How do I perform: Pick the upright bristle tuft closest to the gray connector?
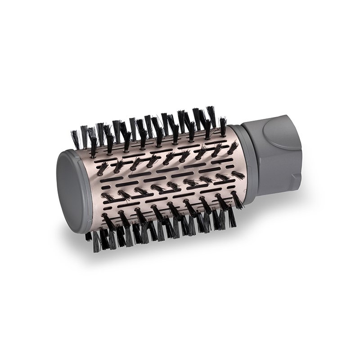(x=223, y=126)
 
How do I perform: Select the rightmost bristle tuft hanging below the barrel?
(x=232, y=216)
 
